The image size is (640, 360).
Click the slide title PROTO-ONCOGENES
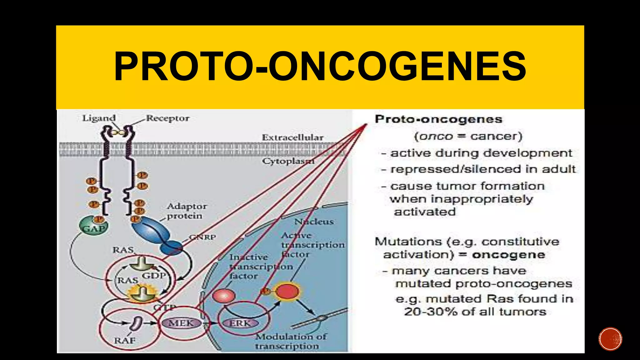point(320,67)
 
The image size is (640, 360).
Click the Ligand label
point(99,118)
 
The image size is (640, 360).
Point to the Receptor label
point(168,118)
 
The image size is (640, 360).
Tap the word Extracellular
point(292,137)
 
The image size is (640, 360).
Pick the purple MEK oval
point(181,323)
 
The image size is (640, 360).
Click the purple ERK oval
point(240,323)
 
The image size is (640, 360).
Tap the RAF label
point(125,340)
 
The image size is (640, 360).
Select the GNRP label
point(202,237)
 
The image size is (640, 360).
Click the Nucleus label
point(314,222)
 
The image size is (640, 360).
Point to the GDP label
point(154,276)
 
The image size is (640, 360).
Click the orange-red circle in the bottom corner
point(610,339)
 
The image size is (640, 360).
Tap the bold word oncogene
point(508,255)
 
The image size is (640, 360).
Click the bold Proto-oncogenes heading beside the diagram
point(438,119)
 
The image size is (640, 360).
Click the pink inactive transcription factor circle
point(224,296)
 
